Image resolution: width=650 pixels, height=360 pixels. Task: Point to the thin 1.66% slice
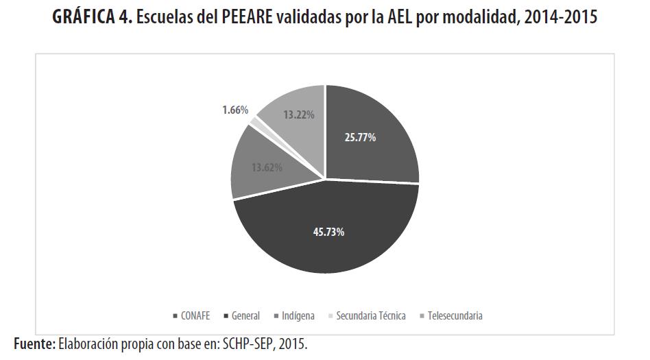click(x=256, y=122)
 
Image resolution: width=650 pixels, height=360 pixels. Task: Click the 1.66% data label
click(x=235, y=109)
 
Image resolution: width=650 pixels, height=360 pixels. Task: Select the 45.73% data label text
click(x=329, y=232)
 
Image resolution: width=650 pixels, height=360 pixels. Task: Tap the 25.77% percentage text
click(x=360, y=137)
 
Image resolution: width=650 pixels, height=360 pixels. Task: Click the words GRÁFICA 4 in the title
click(x=92, y=19)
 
